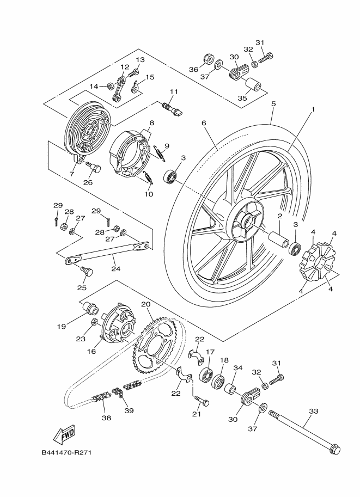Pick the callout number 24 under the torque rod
116,269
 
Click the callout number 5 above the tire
273,103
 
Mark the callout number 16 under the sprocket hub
91,351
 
